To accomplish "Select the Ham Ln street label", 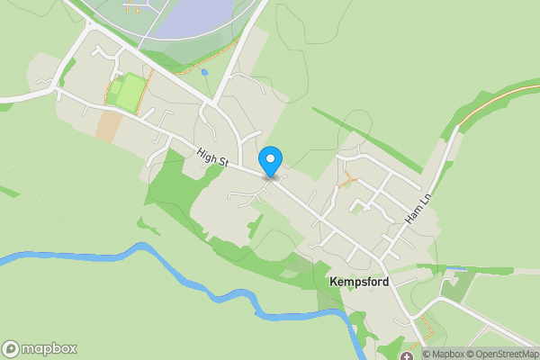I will coord(415,207).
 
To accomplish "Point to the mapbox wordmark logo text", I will coord(49,348).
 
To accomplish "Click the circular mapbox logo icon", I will coord(11,348).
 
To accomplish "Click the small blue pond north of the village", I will coord(205,71).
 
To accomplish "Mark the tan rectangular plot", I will coord(109,125).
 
